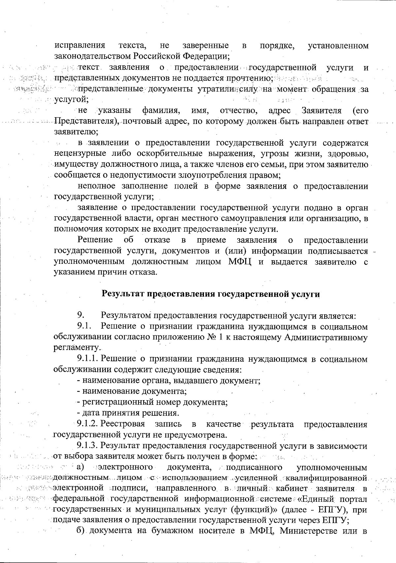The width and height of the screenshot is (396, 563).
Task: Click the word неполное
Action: click(x=97, y=186)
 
